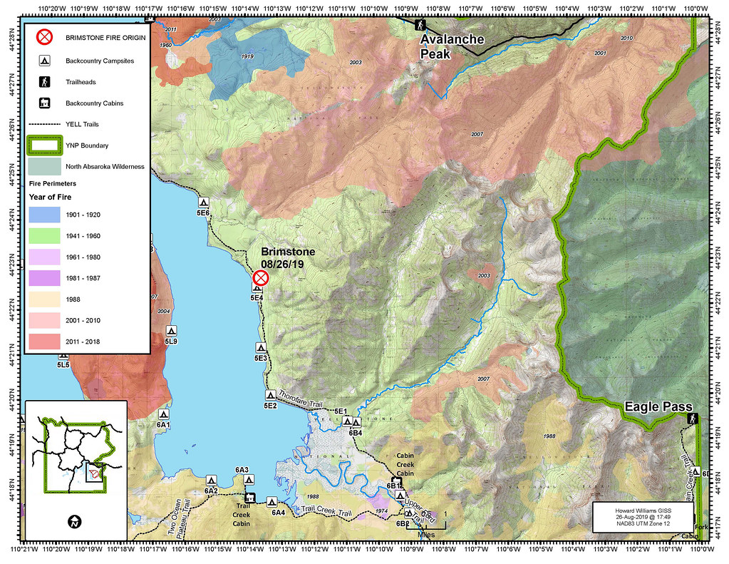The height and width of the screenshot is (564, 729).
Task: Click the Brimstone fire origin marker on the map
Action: click(x=260, y=277)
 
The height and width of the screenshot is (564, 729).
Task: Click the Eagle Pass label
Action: click(x=658, y=407)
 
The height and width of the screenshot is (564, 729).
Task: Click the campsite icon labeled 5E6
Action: click(x=203, y=202)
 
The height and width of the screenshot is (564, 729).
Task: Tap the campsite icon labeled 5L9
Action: click(x=171, y=332)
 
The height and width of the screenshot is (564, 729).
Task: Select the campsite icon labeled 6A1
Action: click(x=164, y=414)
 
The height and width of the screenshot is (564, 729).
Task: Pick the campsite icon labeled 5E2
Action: click(x=270, y=395)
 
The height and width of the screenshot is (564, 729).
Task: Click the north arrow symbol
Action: click(x=73, y=522)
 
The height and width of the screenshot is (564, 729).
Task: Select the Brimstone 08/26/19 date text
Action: click(x=283, y=264)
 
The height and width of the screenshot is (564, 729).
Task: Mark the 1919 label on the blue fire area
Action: click(x=248, y=56)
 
